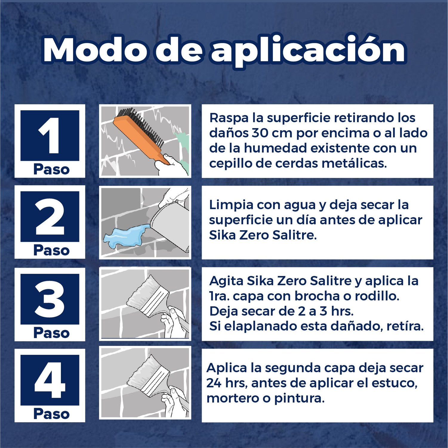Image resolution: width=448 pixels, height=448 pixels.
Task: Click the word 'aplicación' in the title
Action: tap(308, 51)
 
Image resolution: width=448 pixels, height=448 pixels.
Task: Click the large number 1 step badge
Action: tap(50, 136)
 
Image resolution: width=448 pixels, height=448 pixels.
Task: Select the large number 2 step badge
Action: tap(50, 217)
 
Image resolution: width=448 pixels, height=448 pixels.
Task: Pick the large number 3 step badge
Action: tap(50, 299)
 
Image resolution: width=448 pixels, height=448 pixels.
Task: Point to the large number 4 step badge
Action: tap(50, 380)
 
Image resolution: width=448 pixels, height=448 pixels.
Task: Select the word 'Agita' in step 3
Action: tap(226, 281)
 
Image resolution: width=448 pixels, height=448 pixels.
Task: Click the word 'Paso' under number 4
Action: tap(51, 414)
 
